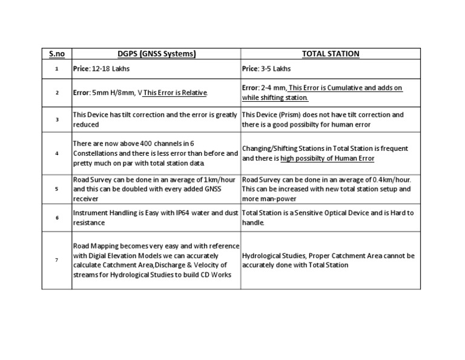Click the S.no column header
56,54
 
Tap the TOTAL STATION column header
331,54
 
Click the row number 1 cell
56,69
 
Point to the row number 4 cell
56,153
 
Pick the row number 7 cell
56,260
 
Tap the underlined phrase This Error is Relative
175,93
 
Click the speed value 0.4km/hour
392,179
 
